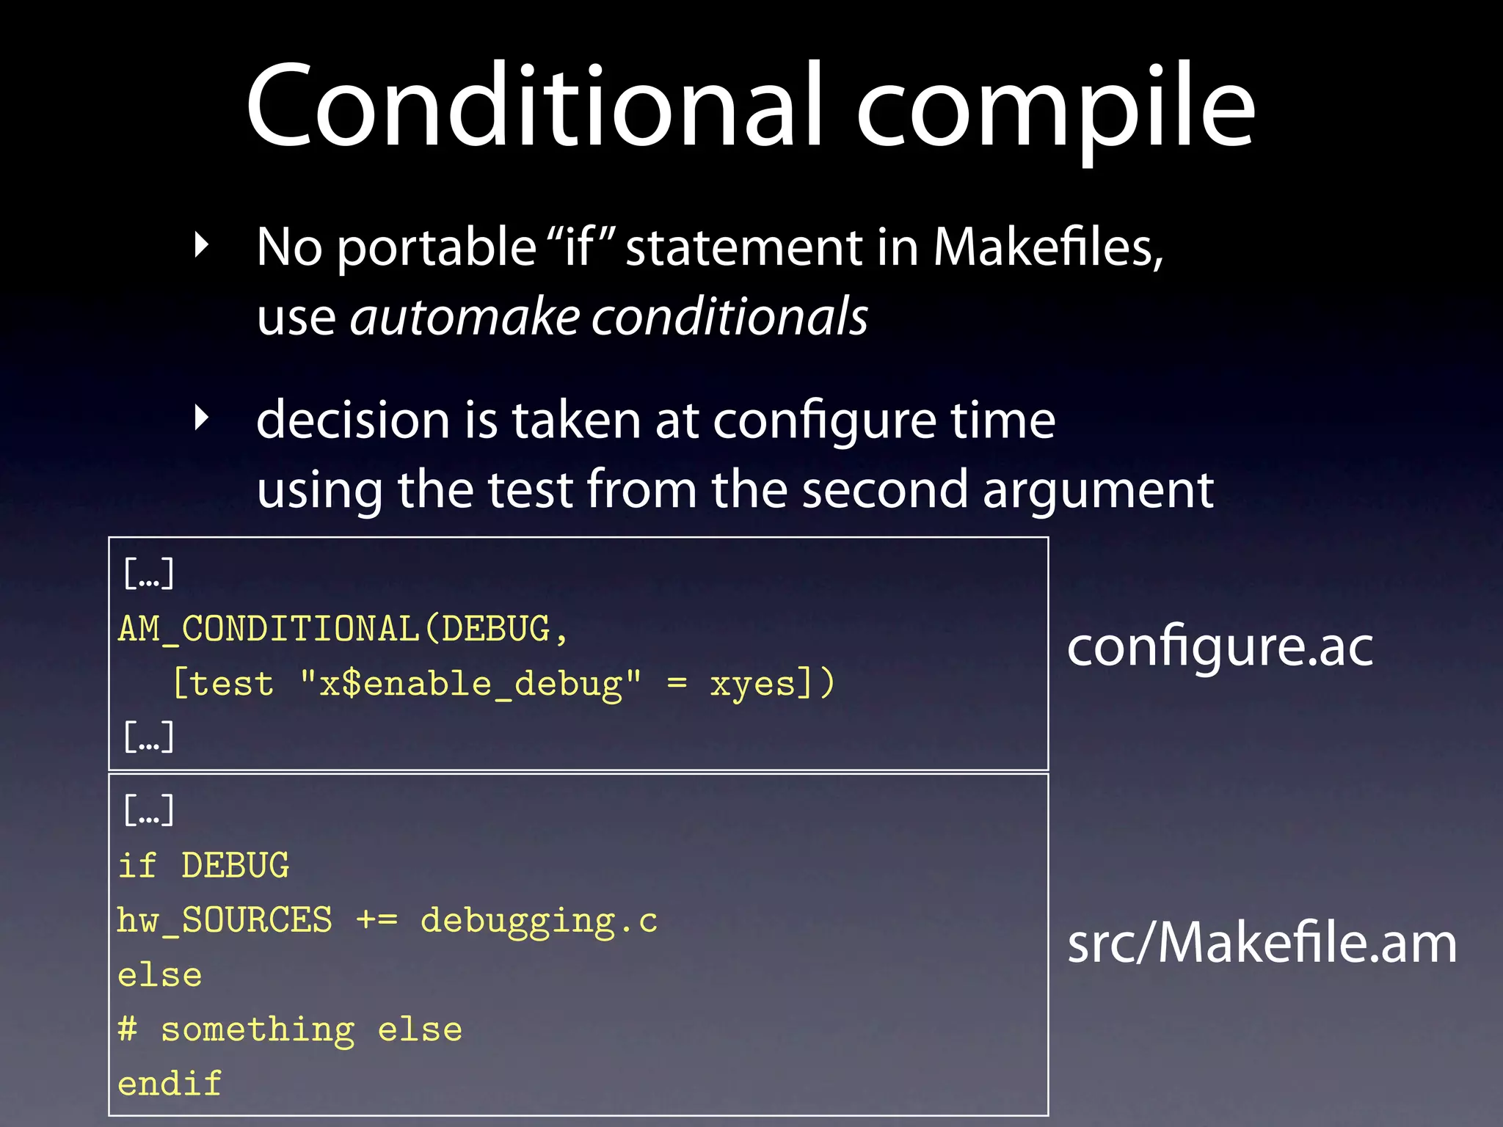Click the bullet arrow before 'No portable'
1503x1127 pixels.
point(202,245)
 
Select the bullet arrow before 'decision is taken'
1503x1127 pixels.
point(202,418)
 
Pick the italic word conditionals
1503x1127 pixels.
point(730,316)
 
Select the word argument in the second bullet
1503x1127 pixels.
point(1098,490)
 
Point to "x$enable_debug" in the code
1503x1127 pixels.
point(470,684)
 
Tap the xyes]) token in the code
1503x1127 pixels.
point(771,684)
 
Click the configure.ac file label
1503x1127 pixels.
point(1219,647)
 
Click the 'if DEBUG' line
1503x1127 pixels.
point(203,866)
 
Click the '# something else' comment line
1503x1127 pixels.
point(290,1029)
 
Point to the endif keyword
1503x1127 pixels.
point(170,1084)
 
